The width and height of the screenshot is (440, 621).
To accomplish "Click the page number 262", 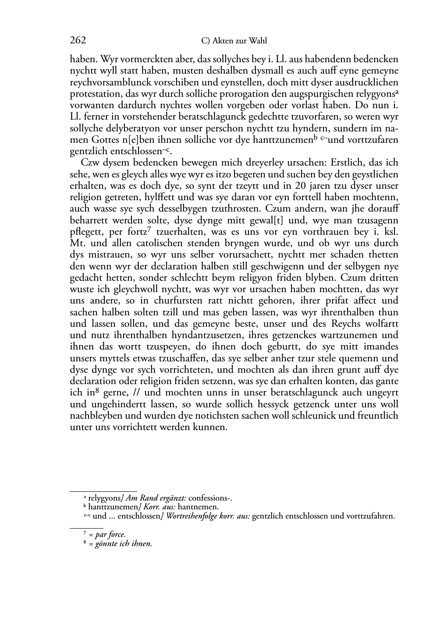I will coord(78,41).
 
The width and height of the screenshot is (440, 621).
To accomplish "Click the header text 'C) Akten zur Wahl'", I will coord(234,41).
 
